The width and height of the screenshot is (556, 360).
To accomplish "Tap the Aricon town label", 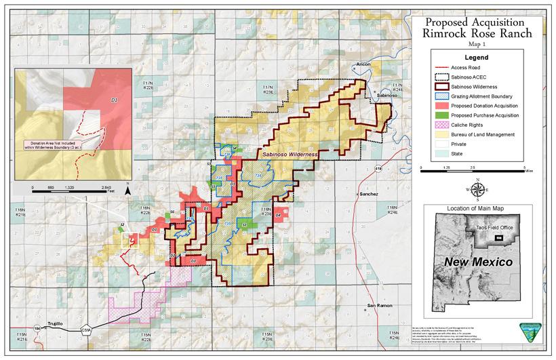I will (x=363, y=64).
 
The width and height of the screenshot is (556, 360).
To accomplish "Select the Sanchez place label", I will (x=368, y=193).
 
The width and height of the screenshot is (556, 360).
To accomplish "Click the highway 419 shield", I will (x=377, y=165).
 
